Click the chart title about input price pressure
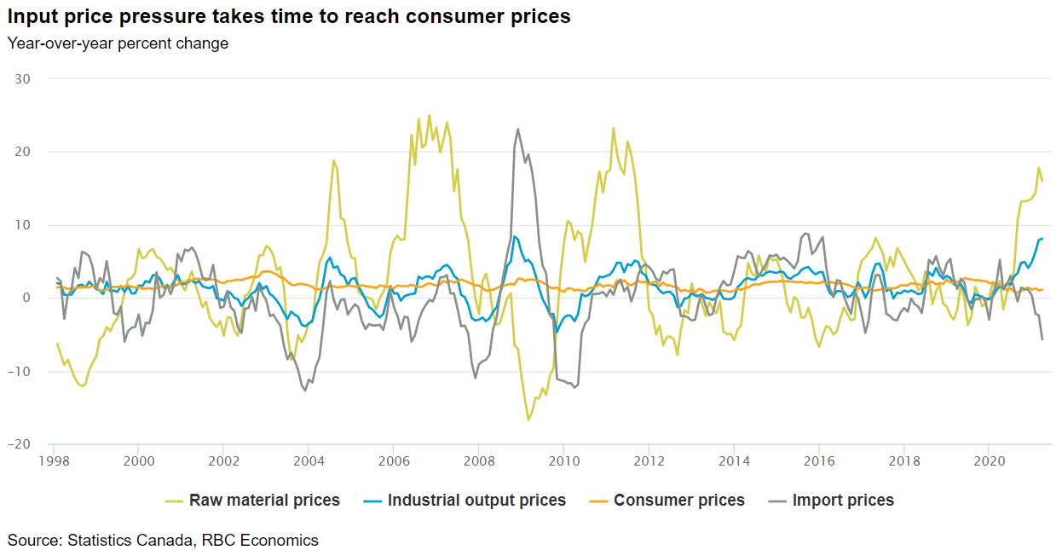pyautogui.click(x=289, y=16)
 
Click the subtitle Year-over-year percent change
pyautogui.click(x=118, y=43)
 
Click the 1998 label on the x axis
pyautogui.click(x=54, y=460)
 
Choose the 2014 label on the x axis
pyautogui.click(x=733, y=460)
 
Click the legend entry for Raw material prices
pyautogui.click(x=264, y=501)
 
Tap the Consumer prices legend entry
pyautogui.click(x=678, y=501)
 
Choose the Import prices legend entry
pyautogui.click(x=843, y=501)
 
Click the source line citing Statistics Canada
pyautogui.click(x=163, y=540)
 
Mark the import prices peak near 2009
pyautogui.click(x=518, y=130)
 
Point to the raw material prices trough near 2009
pyautogui.click(x=528, y=420)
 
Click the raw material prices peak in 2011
pyautogui.click(x=613, y=129)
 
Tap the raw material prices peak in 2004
pyautogui.click(x=333, y=160)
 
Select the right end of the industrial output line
pyautogui.click(x=1042, y=238)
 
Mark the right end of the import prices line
pyautogui.click(x=1042, y=339)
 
